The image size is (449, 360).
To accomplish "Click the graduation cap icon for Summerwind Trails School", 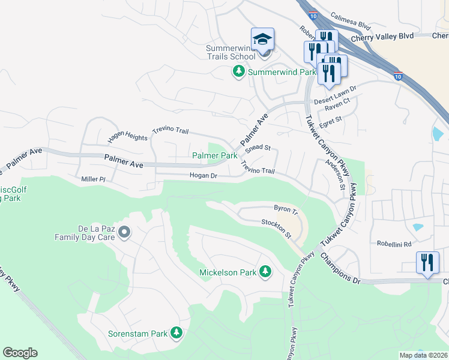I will [x=262, y=39].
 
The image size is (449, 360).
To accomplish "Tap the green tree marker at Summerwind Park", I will [x=238, y=72].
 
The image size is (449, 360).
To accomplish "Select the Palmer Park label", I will [x=214, y=156].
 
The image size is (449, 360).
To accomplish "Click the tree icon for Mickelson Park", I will [x=265, y=272].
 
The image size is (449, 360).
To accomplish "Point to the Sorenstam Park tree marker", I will [x=176, y=332].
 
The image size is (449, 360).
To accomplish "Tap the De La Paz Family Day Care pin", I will [x=124, y=232].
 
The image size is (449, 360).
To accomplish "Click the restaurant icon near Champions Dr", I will [x=427, y=263].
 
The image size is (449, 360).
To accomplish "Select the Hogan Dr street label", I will [x=203, y=176].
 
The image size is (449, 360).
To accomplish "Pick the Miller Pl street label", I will [x=93, y=179].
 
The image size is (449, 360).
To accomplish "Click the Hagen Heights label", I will [x=127, y=137].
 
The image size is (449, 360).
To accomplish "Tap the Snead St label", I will [x=259, y=148].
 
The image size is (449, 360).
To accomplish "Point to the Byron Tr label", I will [x=286, y=209].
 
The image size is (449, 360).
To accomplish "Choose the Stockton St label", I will [x=276, y=224].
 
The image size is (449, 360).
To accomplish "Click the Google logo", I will [x=20, y=353].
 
